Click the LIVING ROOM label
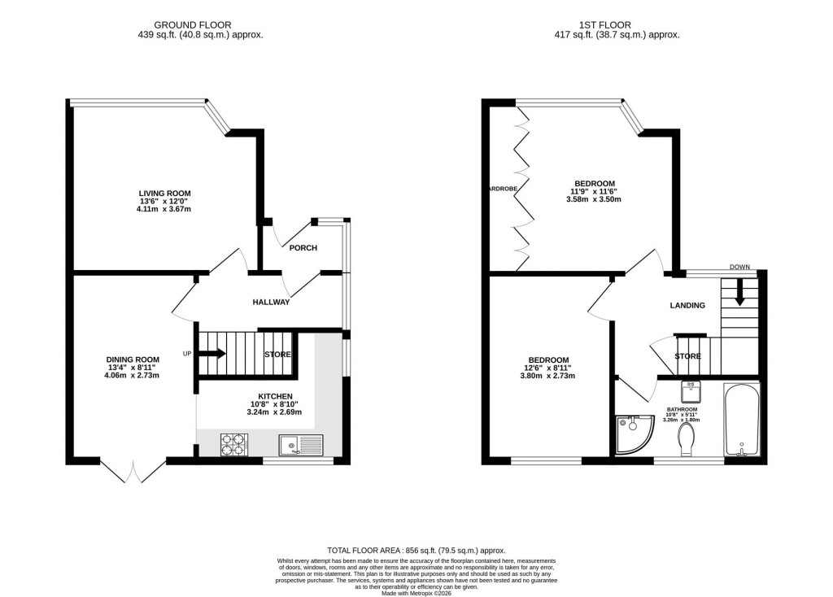[164, 193]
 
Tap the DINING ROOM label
[133, 360]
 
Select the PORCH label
[303, 248]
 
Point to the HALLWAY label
[271, 303]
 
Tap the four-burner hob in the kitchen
[233, 445]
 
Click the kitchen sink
[300, 445]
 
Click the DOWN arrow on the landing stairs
[739, 291]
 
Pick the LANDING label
[687, 306]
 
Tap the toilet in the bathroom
[686, 442]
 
